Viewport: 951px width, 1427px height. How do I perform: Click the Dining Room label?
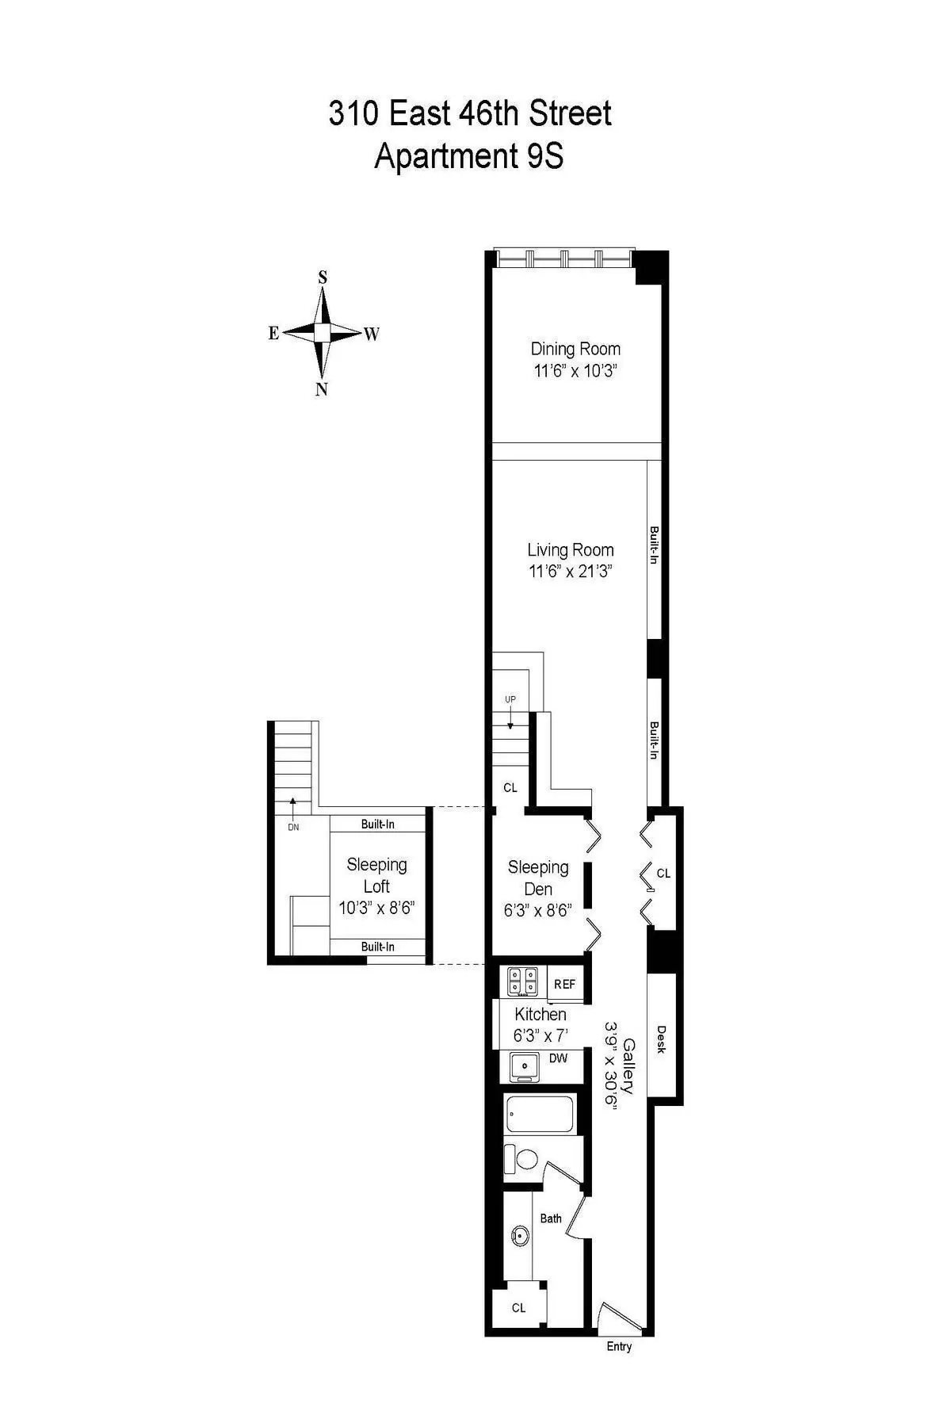pyautogui.click(x=575, y=349)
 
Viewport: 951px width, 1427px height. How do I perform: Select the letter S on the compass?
pyautogui.click(x=323, y=277)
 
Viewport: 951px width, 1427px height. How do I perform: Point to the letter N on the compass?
pyautogui.click(x=322, y=389)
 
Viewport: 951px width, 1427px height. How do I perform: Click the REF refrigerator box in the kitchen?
pyautogui.click(x=564, y=984)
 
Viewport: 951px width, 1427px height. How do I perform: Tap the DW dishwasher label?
pyautogui.click(x=558, y=1058)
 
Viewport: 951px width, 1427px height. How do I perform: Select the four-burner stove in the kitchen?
pyautogui.click(x=523, y=982)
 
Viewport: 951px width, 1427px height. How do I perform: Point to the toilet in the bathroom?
pyautogui.click(x=523, y=1159)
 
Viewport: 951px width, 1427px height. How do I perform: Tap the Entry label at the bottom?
pyautogui.click(x=619, y=1346)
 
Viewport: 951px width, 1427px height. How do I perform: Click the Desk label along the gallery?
pyautogui.click(x=662, y=1039)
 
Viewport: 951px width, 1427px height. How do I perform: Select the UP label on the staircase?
pyautogui.click(x=510, y=699)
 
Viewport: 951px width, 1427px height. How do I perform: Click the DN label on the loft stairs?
pyautogui.click(x=293, y=827)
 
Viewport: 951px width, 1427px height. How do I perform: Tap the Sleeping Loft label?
pyautogui.click(x=377, y=875)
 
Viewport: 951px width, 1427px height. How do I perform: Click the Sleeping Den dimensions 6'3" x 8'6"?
pyautogui.click(x=538, y=911)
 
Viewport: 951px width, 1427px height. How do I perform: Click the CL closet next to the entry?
pyautogui.click(x=518, y=1307)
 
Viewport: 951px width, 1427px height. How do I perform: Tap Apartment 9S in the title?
pyautogui.click(x=469, y=156)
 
